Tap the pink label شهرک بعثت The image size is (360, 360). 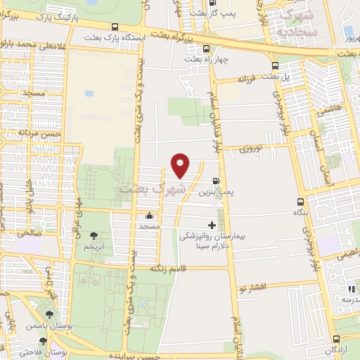click(x=153, y=188)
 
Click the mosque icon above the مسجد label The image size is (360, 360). click(x=149, y=216)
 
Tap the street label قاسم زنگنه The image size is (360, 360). click(x=168, y=268)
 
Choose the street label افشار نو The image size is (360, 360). click(x=251, y=288)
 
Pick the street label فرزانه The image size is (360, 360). click(x=250, y=80)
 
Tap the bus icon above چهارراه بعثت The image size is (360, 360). click(x=206, y=49)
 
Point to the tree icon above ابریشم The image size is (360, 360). click(x=93, y=236)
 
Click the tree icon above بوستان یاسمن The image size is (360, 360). click(x=49, y=315)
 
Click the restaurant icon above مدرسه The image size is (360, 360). click(x=351, y=288)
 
